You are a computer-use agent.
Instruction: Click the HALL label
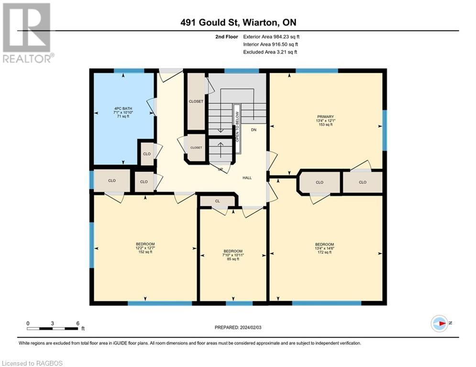pos(247,178)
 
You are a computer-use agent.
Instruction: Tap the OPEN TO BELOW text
pos(236,126)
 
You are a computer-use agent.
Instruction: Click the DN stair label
pos(254,130)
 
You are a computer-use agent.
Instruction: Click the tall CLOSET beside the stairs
pos(196,102)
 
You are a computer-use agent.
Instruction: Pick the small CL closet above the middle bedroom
pos(217,201)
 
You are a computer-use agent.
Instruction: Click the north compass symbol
pos(439,323)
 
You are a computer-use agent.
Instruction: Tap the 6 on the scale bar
pos(77,323)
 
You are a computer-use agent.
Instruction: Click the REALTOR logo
pos(27,32)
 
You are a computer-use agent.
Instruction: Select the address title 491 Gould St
pos(242,22)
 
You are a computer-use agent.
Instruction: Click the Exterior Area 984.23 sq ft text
pos(272,36)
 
